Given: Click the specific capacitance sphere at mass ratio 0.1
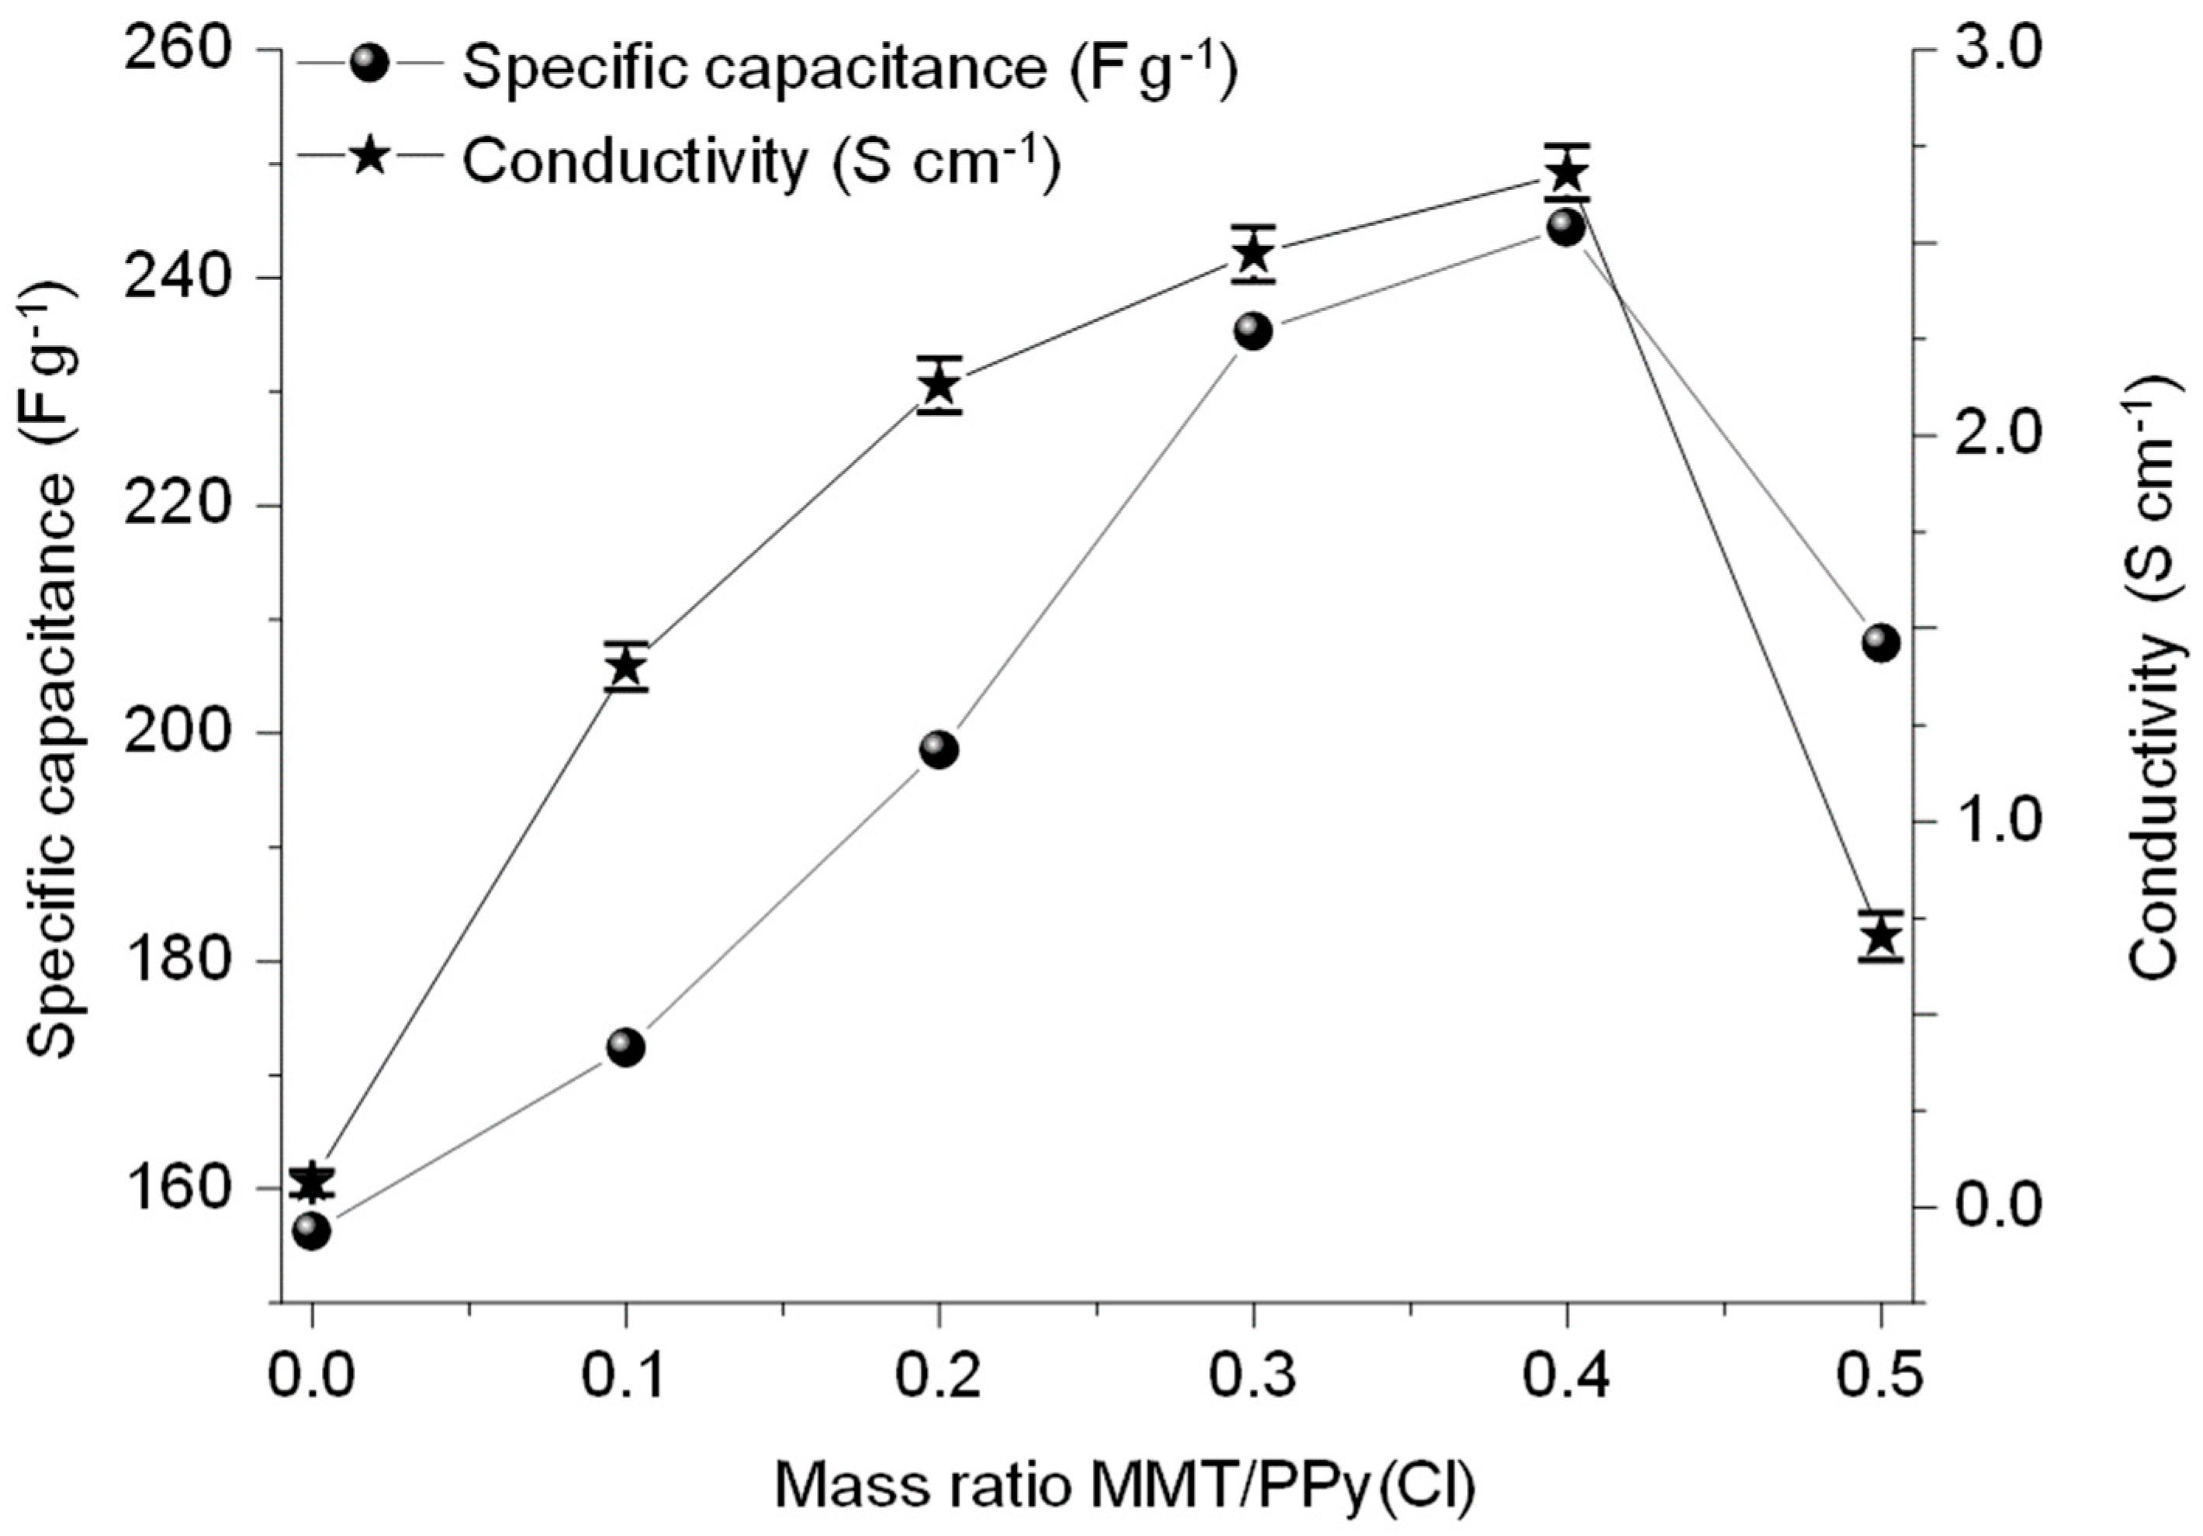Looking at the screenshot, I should click(x=625, y=1046).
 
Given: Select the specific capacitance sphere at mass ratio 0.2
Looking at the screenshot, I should click(x=939, y=749).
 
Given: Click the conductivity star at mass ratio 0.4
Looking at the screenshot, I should click(x=1567, y=174).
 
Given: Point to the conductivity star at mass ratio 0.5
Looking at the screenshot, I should click(x=1880, y=936).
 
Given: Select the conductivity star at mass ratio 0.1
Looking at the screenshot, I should click(x=625, y=666).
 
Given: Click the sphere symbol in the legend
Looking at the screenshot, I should click(x=369, y=66).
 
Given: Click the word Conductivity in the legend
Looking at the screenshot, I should click(x=633, y=161).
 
